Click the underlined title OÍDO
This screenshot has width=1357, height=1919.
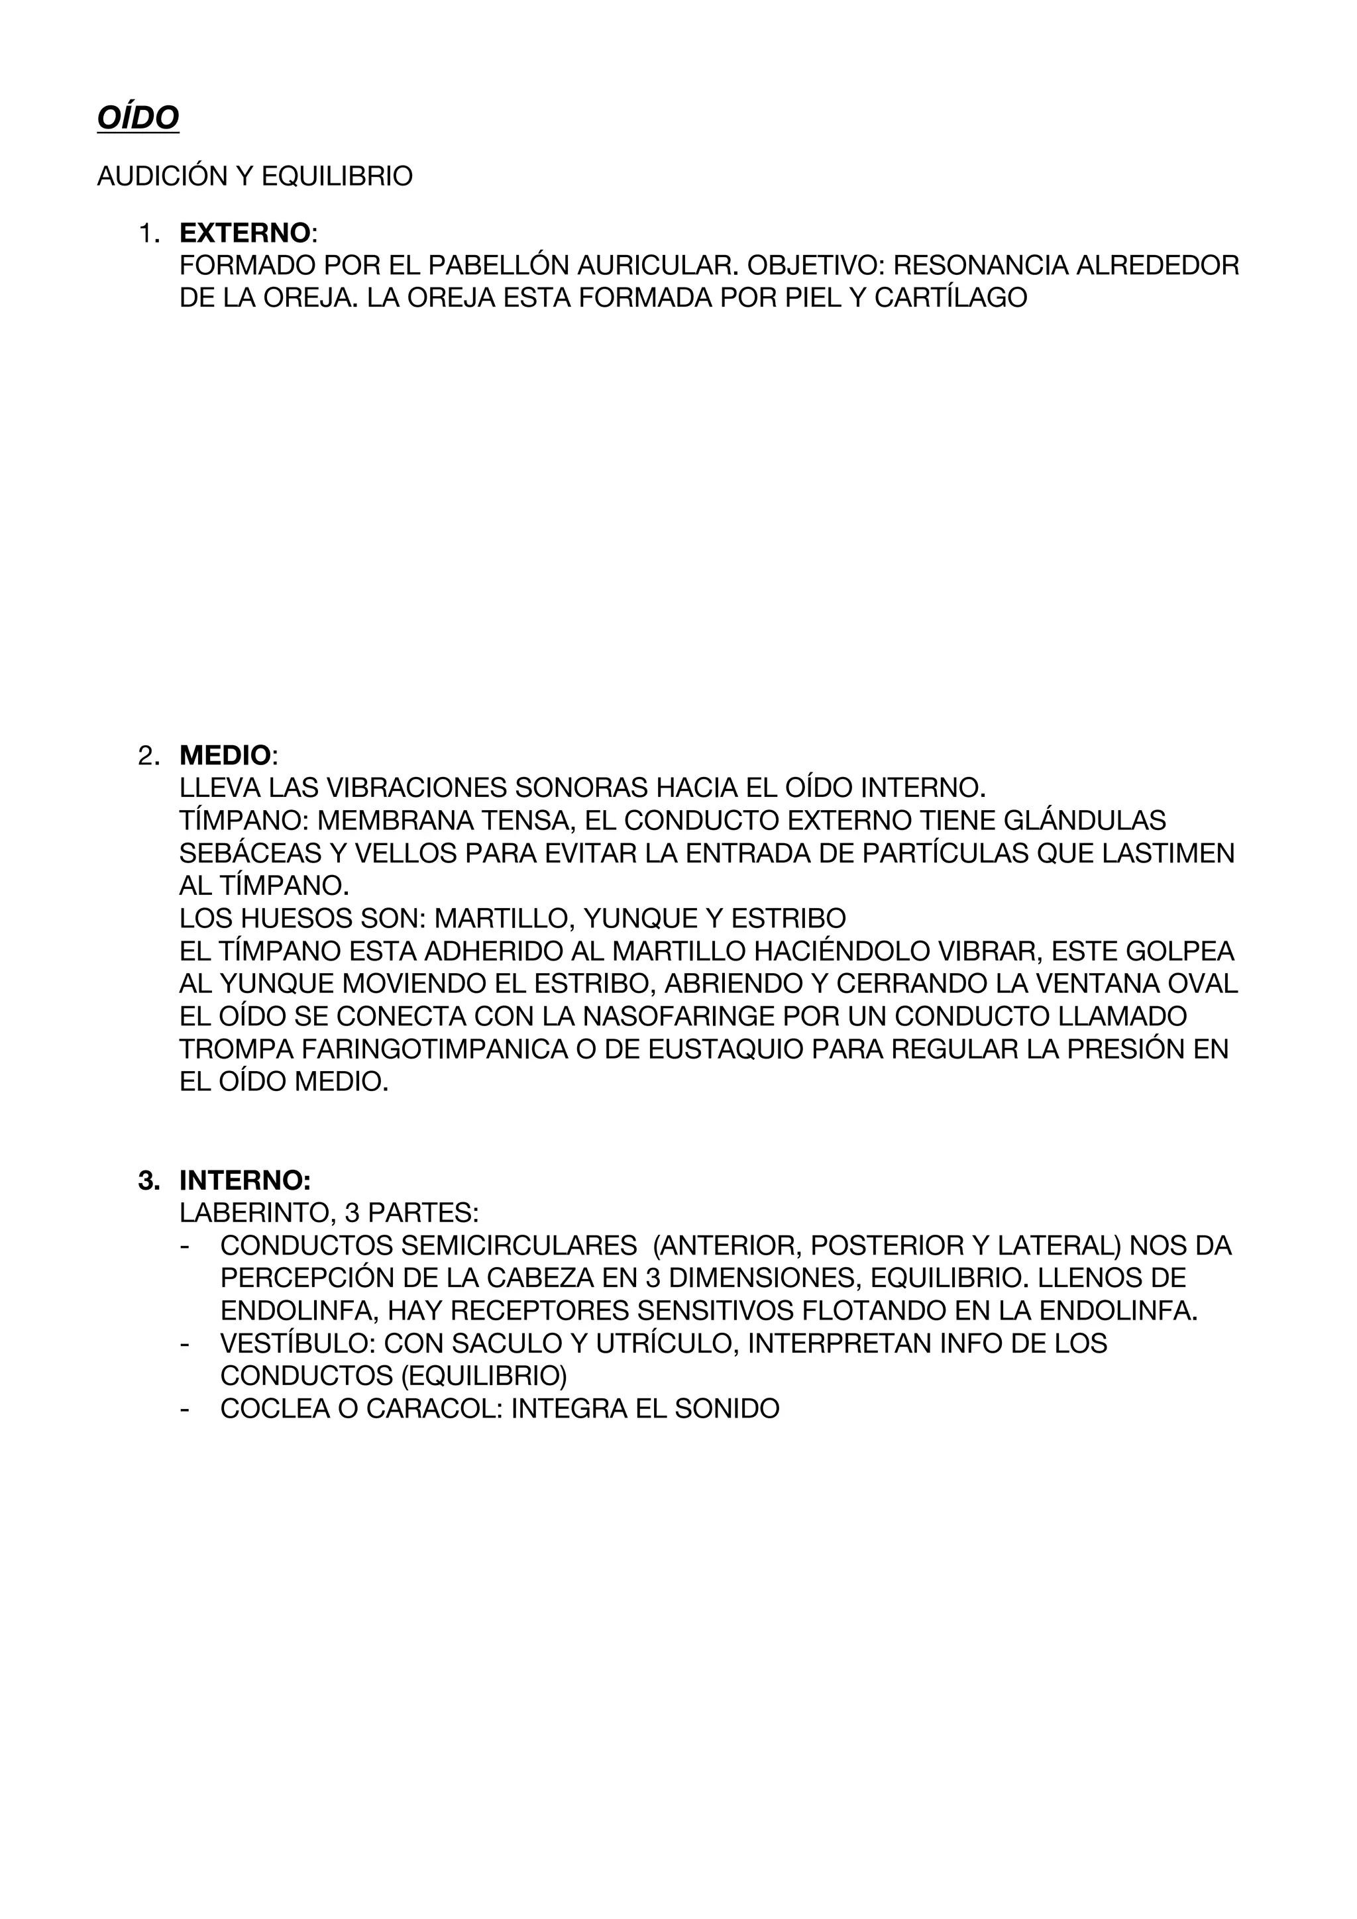(x=138, y=118)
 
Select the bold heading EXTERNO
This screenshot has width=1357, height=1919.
(x=244, y=233)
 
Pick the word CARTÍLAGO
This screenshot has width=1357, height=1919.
(x=951, y=297)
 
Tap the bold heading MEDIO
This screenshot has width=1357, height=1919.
(x=225, y=756)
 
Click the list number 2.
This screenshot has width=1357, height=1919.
(x=147, y=756)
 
